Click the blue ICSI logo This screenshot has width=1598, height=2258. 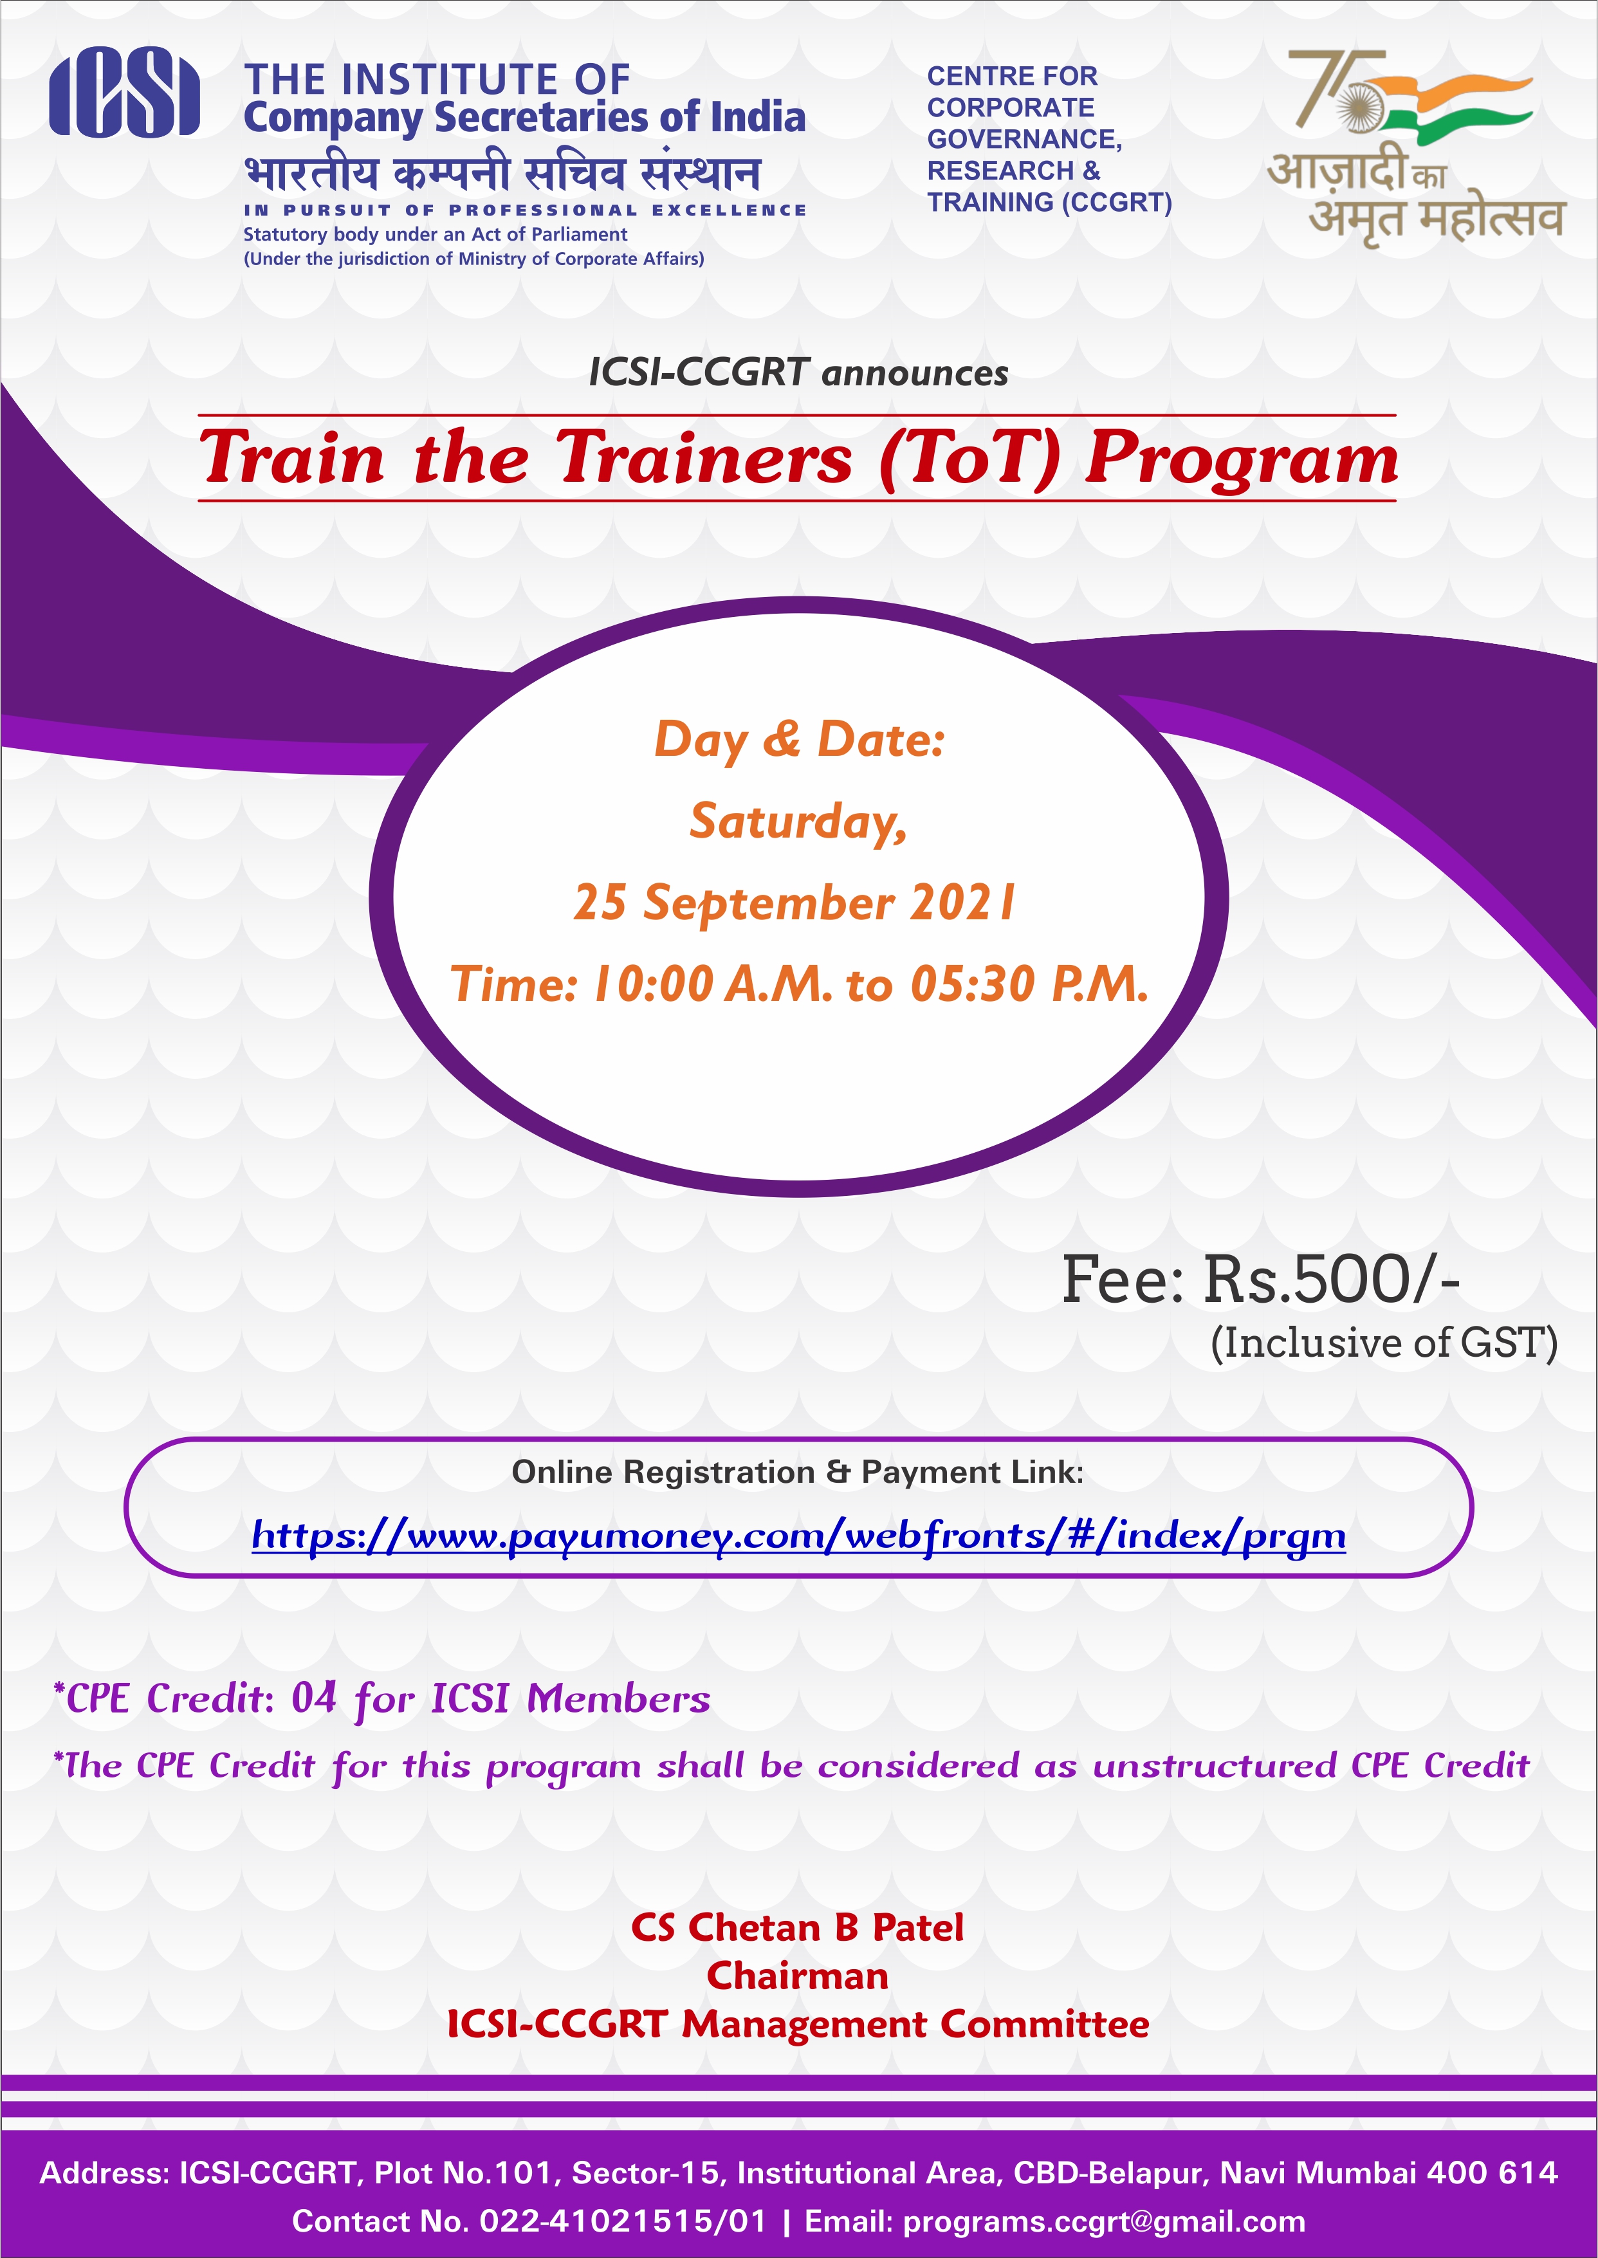[124, 93]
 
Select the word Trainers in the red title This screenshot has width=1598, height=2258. [704, 457]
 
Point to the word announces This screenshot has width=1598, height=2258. [914, 374]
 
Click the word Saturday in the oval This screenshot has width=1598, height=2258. [797, 822]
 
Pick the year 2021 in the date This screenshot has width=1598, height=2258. [961, 902]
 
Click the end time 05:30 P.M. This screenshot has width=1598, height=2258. [1028, 984]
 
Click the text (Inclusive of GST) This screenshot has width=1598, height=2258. [1384, 1343]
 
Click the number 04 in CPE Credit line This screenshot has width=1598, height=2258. [314, 1698]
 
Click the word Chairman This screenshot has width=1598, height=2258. [797, 1976]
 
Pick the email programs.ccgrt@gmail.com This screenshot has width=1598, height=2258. [1104, 2221]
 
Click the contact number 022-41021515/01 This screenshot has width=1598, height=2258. [622, 2221]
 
